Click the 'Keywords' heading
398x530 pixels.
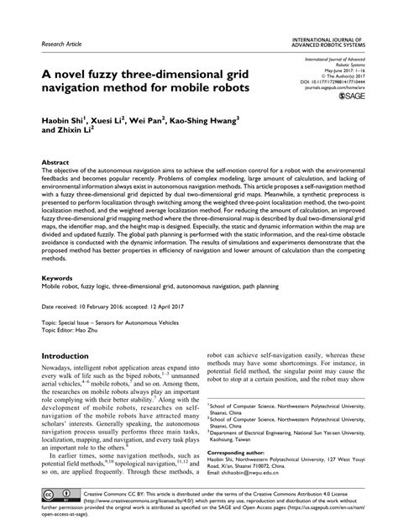click(x=58, y=275)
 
